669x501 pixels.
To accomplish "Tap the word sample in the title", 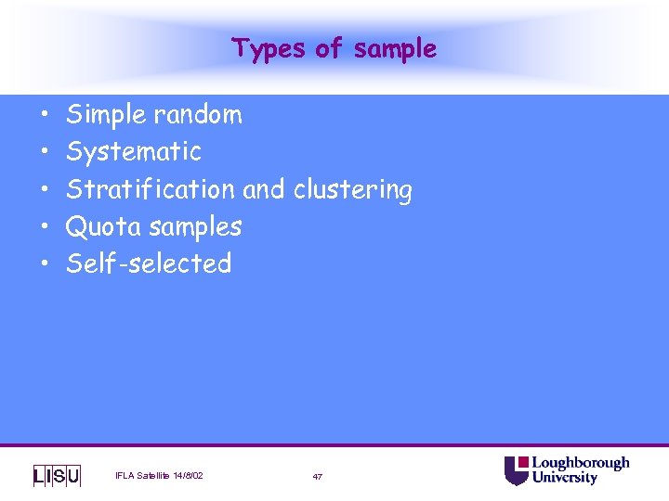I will tap(395, 48).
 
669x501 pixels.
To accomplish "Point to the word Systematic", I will tap(134, 151).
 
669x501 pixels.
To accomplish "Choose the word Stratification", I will tap(151, 189).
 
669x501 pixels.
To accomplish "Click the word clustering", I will tap(353, 190).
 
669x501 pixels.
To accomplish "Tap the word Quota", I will tap(102, 226).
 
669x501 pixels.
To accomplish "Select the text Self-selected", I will tap(149, 263).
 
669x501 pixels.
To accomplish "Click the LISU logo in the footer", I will tap(57, 476).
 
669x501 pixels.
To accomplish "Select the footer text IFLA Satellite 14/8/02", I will tap(159, 476).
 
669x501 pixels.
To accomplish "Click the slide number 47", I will tap(318, 477).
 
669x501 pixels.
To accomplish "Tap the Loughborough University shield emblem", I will tap(517, 470).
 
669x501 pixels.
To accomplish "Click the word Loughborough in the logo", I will tap(580, 463).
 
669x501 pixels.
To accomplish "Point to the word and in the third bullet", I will tap(264, 189).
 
